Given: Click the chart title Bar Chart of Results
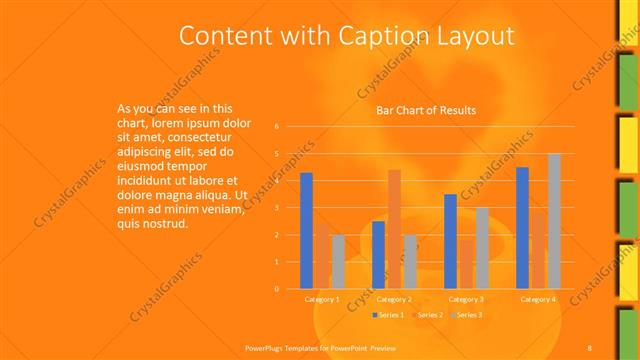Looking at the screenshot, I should [425, 110].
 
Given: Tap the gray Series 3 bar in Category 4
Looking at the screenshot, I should [554, 221].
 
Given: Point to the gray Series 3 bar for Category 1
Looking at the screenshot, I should [338, 262].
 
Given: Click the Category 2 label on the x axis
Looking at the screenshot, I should [394, 299].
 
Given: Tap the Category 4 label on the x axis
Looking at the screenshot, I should [538, 299].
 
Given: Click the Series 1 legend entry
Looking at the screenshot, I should [388, 315].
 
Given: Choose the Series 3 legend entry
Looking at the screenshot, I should [468, 315].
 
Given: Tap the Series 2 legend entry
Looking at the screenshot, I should [428, 315].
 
